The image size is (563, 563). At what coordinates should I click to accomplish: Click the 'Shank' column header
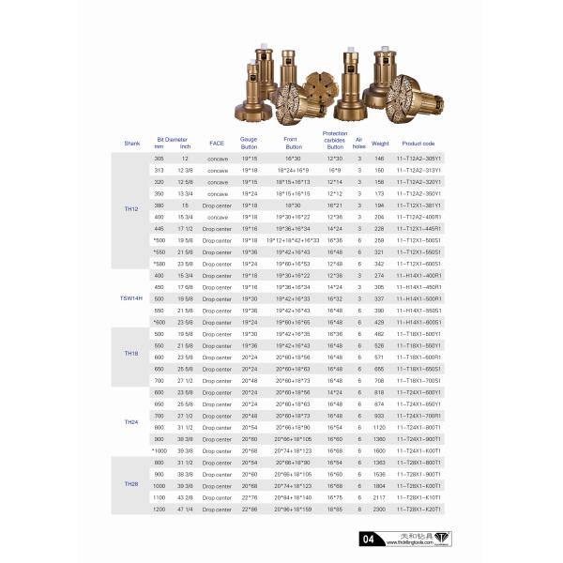[x=131, y=144]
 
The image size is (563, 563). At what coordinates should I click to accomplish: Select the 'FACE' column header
[x=216, y=144]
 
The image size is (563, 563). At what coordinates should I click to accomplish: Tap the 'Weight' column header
[x=380, y=144]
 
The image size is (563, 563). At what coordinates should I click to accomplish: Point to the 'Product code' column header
[x=418, y=144]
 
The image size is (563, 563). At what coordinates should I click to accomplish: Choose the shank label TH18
[x=131, y=353]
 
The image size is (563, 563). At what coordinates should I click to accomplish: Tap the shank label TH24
[x=131, y=422]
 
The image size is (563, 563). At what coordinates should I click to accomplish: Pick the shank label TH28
[x=131, y=483]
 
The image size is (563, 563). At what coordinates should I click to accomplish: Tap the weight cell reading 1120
[x=380, y=427]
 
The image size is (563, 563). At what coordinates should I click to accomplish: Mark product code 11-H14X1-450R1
[x=418, y=286]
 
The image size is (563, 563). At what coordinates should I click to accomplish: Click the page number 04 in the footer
[x=370, y=539]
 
